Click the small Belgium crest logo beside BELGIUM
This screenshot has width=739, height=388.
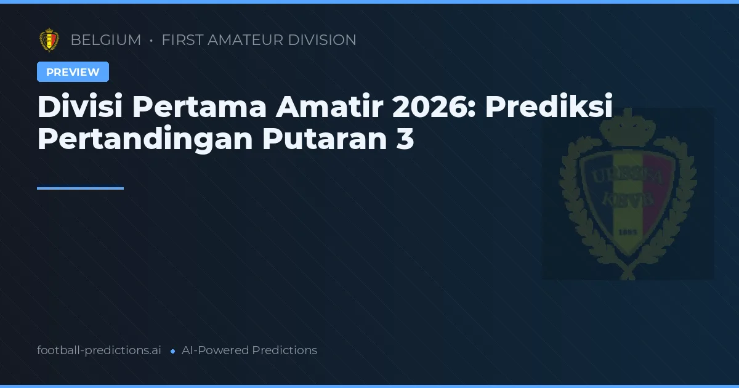click(49, 40)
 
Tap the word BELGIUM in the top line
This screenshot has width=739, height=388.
click(105, 40)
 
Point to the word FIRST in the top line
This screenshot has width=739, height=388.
click(182, 40)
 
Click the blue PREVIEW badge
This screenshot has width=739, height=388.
click(73, 72)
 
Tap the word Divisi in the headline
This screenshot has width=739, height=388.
click(79, 108)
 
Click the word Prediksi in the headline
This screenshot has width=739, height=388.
click(549, 108)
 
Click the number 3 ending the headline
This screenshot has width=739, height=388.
click(405, 140)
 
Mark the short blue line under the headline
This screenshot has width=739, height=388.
click(80, 188)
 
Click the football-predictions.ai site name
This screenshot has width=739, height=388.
click(99, 350)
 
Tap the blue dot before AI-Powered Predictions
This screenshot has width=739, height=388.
click(172, 351)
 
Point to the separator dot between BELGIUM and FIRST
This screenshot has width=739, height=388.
click(151, 41)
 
